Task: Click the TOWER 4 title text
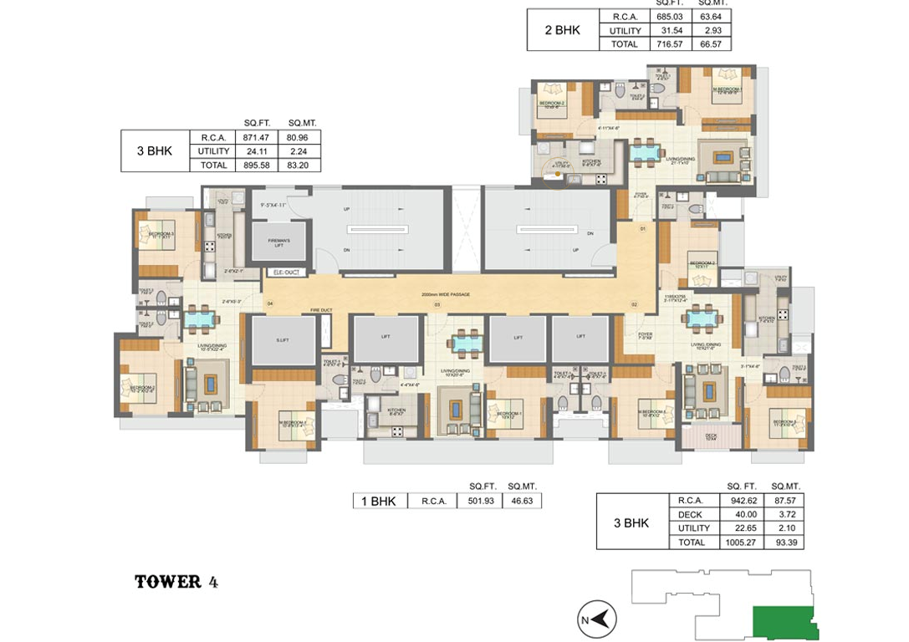point(176,582)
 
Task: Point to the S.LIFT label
point(283,340)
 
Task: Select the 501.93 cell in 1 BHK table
point(482,502)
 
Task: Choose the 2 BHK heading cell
point(562,31)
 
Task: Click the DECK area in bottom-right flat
point(711,436)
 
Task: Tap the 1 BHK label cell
point(379,502)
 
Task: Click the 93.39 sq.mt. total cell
point(786,543)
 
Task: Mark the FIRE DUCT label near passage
point(322,311)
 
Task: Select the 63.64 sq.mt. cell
point(711,17)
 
